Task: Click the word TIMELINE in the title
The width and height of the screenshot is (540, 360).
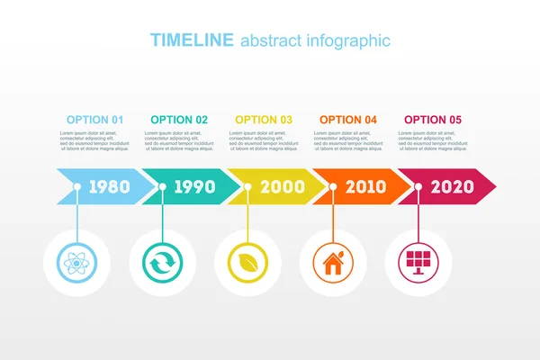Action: tap(192, 40)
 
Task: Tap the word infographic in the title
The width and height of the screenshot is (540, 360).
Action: tap(346, 40)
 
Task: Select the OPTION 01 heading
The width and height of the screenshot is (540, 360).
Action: tap(94, 120)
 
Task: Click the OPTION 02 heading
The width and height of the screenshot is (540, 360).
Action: tap(179, 120)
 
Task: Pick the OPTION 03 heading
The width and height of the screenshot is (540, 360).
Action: tap(264, 120)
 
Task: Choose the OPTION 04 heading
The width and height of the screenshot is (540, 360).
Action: tap(348, 120)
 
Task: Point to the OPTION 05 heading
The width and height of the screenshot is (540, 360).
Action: tap(433, 120)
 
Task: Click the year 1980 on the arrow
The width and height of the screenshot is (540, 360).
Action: tap(109, 187)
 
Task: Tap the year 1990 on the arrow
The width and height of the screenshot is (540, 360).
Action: tap(194, 187)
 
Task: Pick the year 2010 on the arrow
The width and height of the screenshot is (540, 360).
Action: tap(365, 187)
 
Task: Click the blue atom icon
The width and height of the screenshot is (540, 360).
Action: tap(76, 263)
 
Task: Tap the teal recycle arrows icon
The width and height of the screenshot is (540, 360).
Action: tap(161, 263)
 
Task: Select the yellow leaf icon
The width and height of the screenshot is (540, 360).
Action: tap(247, 263)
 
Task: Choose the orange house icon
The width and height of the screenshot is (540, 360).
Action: tap(332, 263)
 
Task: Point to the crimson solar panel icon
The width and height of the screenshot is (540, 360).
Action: tap(418, 263)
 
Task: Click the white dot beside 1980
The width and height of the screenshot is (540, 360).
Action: tap(77, 187)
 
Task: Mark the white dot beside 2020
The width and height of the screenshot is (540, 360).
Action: tap(418, 187)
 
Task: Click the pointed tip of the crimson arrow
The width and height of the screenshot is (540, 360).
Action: tap(495, 187)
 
